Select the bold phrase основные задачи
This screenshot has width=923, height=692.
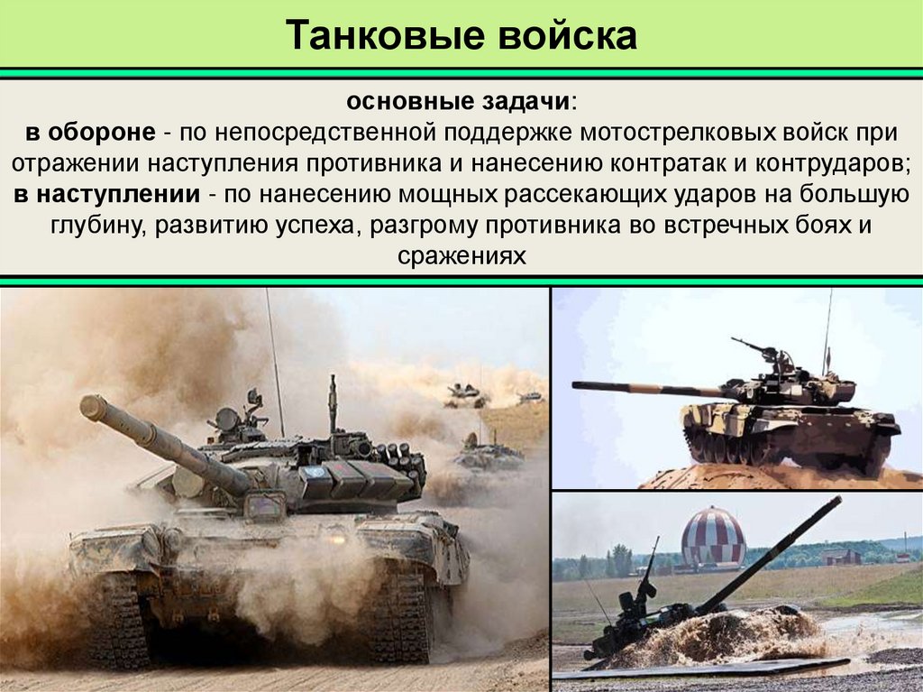458,99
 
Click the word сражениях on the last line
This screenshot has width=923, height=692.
461,255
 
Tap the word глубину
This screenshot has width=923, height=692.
96,225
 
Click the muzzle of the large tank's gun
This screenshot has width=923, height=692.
91,407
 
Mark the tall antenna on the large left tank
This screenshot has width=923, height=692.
274,361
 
